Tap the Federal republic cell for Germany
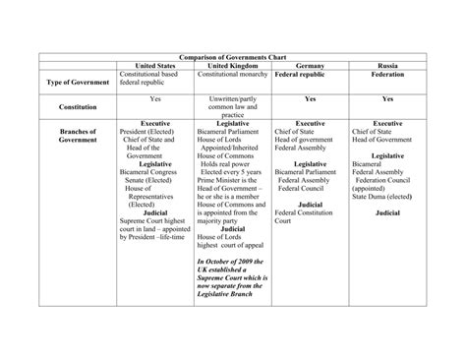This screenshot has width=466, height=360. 300,74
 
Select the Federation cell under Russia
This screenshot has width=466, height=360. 387,74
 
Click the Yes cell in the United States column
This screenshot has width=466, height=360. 154,98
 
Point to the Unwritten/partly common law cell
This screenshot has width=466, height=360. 232,106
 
